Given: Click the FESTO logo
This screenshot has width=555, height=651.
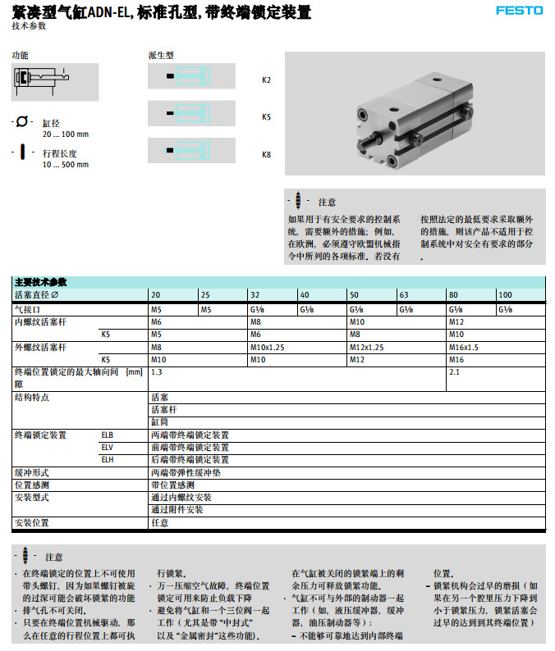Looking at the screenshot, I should (x=519, y=11).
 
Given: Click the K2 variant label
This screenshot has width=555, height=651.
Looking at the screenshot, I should (x=266, y=80).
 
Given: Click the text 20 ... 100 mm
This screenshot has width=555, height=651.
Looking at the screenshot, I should (x=65, y=134).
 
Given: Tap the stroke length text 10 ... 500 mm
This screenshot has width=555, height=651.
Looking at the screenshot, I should (x=65, y=165).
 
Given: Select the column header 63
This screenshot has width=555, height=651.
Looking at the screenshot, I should (x=403, y=295).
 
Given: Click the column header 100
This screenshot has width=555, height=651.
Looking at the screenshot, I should (x=505, y=295).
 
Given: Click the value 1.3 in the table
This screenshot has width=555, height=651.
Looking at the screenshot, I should (x=156, y=372).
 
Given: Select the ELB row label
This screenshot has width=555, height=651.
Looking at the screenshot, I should (x=108, y=435).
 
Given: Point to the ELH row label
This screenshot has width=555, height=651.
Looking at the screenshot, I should (x=108, y=460).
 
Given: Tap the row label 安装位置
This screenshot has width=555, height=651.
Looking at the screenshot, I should (x=31, y=522).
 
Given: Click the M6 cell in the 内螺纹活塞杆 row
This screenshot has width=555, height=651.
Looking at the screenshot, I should (x=156, y=322).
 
